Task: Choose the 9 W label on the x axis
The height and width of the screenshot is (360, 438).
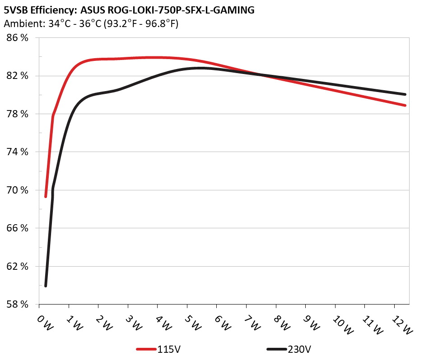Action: click(x=312, y=324)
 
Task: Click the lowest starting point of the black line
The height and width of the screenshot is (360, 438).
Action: click(x=46, y=286)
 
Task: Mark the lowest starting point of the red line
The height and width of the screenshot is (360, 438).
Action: click(x=46, y=197)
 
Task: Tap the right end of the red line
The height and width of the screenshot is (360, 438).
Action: click(x=405, y=105)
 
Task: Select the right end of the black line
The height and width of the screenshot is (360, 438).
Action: click(x=405, y=94)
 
